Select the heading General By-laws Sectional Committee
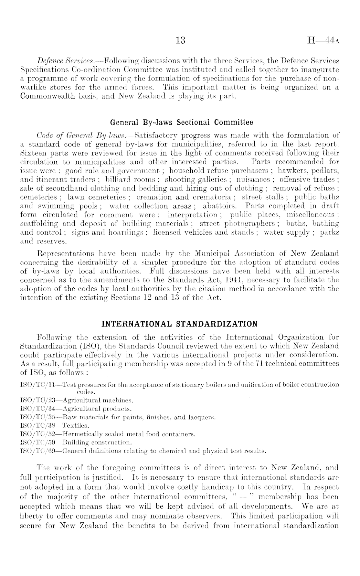click(182, 123)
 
